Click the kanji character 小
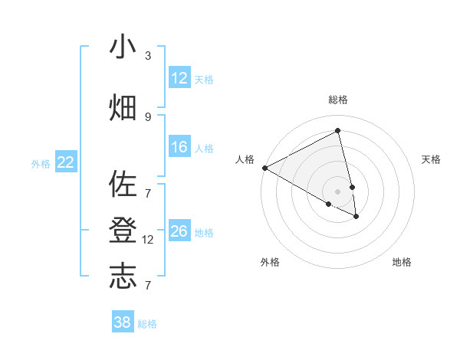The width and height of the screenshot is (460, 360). coord(123,47)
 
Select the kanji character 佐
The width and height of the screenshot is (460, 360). coord(123,185)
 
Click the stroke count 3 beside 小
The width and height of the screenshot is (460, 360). coord(148,56)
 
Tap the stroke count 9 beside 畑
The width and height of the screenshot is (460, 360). coord(148,116)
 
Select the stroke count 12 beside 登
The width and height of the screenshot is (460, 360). coord(149,240)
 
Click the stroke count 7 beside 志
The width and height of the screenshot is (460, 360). coord(148,286)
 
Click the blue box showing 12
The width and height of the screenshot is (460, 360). coord(179,78)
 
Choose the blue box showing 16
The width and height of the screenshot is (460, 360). coord(179,147)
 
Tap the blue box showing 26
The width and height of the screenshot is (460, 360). coord(179,231)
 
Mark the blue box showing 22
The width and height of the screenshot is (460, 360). coord(66,162)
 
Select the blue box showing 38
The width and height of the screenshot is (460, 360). coord(123,322)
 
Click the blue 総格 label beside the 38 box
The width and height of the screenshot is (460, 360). coord(147,324)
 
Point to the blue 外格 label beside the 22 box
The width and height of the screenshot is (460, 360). coord(41,163)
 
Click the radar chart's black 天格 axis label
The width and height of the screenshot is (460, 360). coord(432,159)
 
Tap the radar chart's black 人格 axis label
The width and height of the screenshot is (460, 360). coord(245,159)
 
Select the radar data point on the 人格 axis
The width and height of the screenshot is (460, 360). coord(264,168)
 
